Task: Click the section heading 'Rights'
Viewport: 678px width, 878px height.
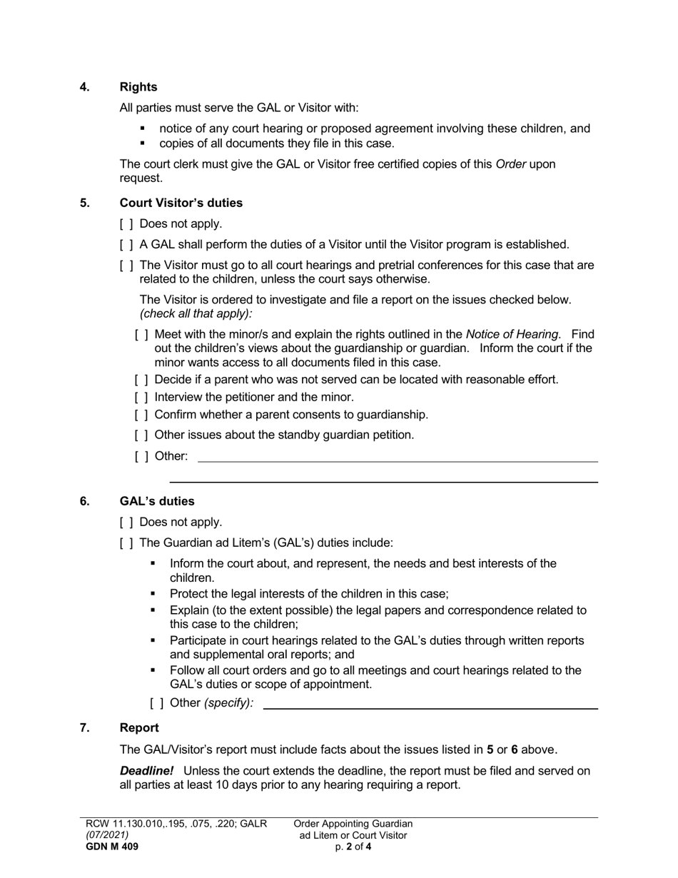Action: click(x=138, y=87)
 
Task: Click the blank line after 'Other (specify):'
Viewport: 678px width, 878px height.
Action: click(x=430, y=705)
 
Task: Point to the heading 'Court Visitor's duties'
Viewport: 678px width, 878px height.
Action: click(x=181, y=203)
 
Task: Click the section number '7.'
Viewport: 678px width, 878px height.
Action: click(x=85, y=728)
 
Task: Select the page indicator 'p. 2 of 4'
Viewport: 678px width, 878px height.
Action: click(x=353, y=847)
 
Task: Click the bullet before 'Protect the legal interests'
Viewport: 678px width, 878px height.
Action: click(x=153, y=594)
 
